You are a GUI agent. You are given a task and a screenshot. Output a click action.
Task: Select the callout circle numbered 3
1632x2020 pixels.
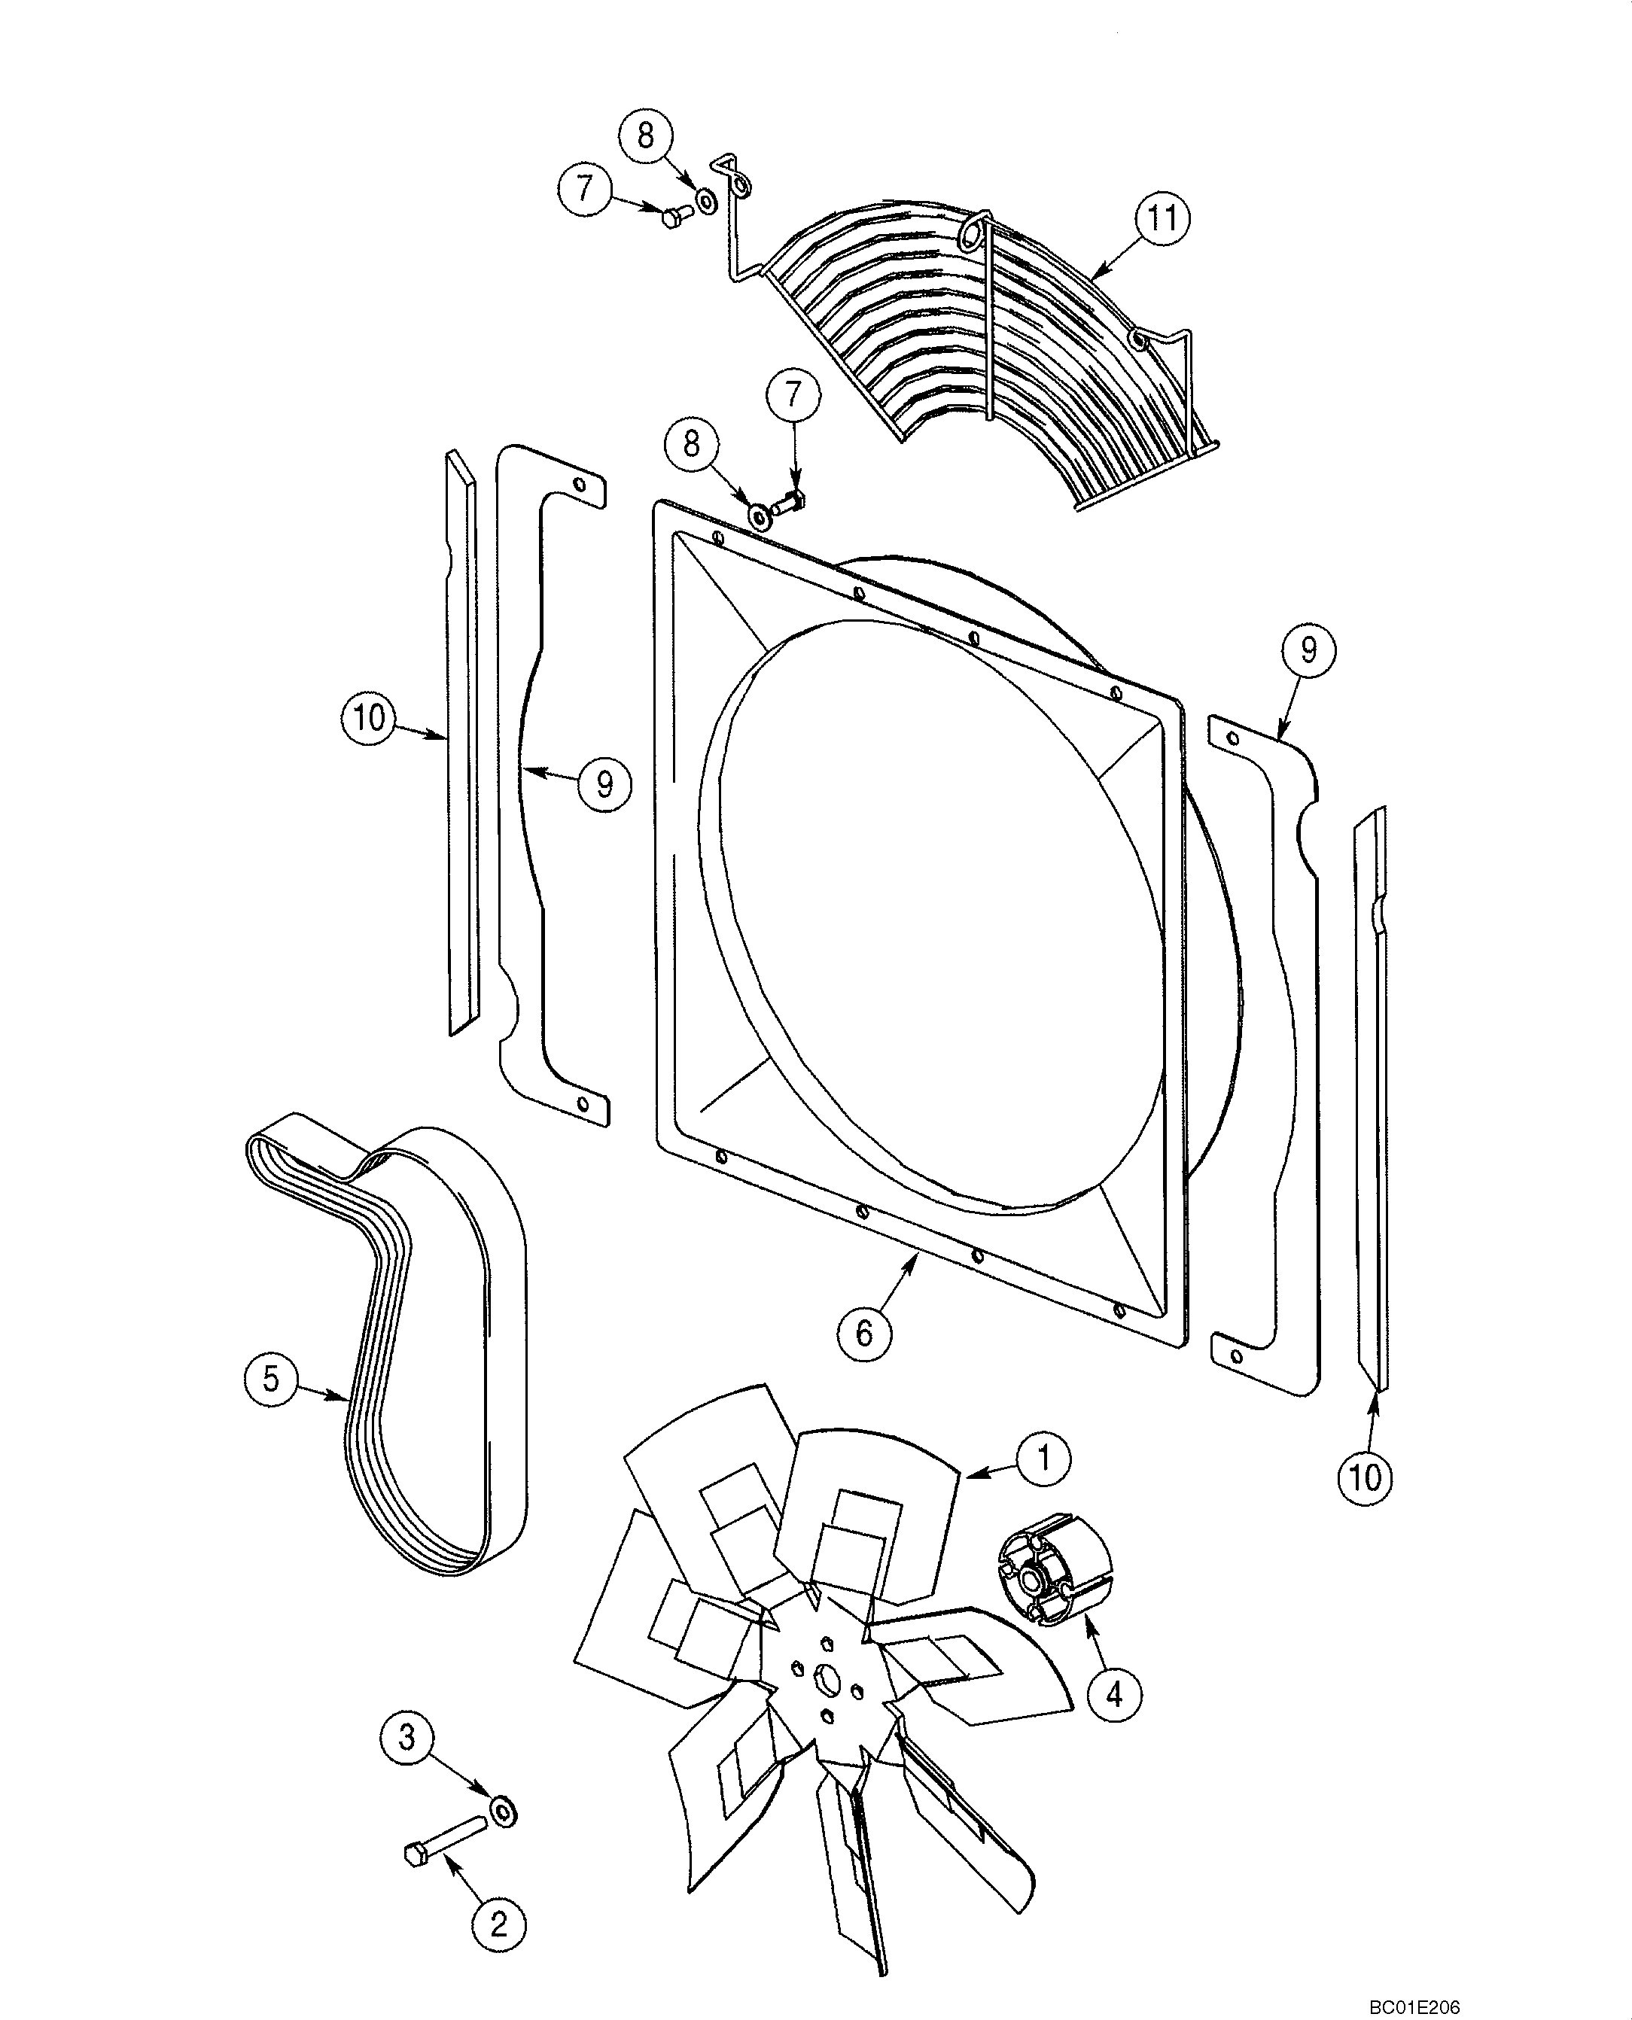[x=407, y=1737]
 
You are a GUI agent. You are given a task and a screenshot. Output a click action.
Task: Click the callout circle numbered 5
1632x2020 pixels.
[x=271, y=1379]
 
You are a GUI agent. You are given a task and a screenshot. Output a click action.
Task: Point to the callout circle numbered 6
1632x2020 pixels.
[x=865, y=1332]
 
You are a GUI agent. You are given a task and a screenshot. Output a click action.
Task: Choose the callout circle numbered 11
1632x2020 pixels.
[x=1163, y=218]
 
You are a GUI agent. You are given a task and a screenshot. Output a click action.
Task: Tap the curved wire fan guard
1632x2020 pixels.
[x=987, y=348]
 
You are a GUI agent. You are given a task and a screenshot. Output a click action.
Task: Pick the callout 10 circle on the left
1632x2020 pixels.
[x=369, y=718]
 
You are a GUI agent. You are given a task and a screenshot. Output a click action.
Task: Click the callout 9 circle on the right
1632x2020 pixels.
[x=1308, y=650]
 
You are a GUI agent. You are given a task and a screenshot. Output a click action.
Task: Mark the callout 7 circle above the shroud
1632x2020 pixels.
[x=794, y=395]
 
